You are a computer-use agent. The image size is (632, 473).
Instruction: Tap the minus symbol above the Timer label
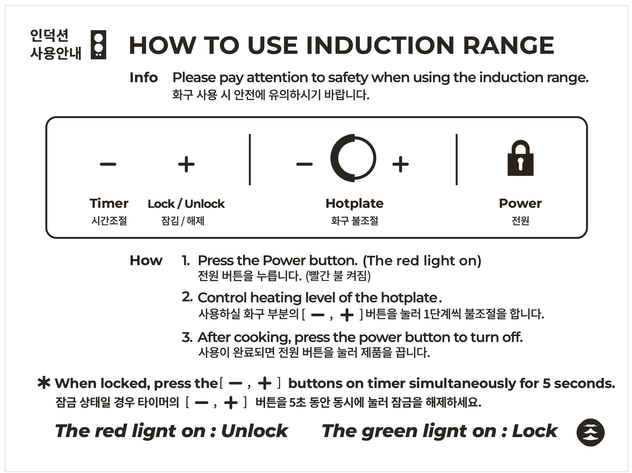click(x=108, y=164)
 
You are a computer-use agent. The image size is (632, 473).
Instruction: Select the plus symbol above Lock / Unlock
click(x=186, y=164)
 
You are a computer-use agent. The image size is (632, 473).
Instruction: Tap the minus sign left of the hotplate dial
click(x=304, y=164)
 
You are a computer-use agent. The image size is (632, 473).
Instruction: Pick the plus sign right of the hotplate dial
click(x=400, y=164)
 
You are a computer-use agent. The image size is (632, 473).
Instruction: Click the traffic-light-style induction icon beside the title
click(x=98, y=45)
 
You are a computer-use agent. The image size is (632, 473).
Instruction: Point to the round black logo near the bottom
click(x=590, y=432)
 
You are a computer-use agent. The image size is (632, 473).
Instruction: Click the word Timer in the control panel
click(x=109, y=203)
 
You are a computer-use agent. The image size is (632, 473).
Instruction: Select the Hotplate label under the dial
click(x=354, y=203)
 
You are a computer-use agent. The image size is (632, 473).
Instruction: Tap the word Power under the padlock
click(x=520, y=203)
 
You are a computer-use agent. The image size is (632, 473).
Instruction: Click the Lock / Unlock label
click(x=186, y=204)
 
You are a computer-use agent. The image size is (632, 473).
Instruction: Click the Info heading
click(x=143, y=77)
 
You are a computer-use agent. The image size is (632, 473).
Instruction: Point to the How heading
click(x=146, y=260)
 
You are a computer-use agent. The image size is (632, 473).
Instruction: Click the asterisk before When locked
click(x=44, y=383)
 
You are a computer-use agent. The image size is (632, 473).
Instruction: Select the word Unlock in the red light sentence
click(x=254, y=431)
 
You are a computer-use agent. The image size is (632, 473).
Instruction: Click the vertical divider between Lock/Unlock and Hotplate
click(x=250, y=159)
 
